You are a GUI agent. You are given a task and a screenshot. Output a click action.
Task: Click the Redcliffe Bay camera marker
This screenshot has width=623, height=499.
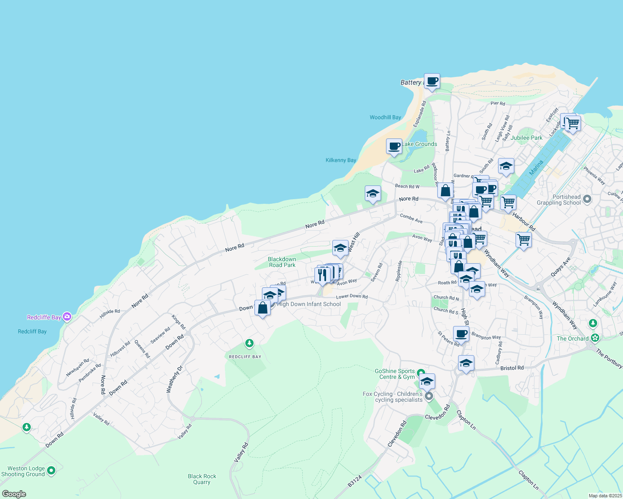click(x=67, y=317)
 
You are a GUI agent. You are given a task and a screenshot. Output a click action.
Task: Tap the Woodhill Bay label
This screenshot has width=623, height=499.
click(x=385, y=117)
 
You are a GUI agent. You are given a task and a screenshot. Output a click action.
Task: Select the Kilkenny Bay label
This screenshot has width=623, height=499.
click(x=341, y=160)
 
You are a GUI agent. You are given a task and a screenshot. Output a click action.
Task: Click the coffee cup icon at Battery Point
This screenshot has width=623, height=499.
click(x=432, y=81)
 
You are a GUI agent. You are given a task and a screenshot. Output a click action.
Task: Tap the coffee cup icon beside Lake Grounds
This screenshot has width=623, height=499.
click(x=394, y=146)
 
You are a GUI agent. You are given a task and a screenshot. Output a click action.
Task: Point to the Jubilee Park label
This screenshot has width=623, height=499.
click(x=526, y=138)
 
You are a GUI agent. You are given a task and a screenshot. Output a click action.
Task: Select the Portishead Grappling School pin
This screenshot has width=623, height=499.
click(x=587, y=199)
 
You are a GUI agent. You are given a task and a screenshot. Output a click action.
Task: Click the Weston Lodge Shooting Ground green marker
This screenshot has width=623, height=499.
click(x=51, y=470)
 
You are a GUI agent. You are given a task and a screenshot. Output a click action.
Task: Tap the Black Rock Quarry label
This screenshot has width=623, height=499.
click(x=202, y=479)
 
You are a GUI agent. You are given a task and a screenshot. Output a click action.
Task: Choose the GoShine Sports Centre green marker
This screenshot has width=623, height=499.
click(x=421, y=373)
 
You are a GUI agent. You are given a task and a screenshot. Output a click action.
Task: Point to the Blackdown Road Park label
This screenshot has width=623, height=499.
click(x=282, y=262)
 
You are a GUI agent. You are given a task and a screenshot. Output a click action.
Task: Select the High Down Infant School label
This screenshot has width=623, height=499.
click(x=309, y=304)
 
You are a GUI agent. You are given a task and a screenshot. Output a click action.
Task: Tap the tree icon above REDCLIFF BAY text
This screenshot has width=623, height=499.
click(x=249, y=343)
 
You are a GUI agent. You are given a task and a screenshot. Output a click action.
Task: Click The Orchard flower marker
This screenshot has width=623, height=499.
click(x=595, y=338)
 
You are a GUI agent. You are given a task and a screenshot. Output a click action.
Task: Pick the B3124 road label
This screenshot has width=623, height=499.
click(x=355, y=482)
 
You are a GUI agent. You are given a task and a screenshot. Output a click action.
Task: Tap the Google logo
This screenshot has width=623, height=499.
click(x=14, y=494)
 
